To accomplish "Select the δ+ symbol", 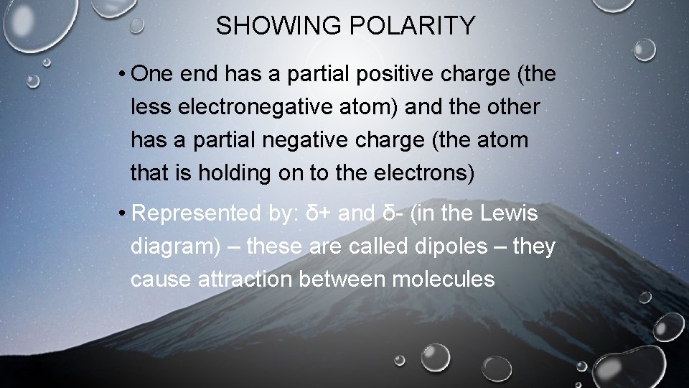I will (x=320, y=213).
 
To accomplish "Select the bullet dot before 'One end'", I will (x=124, y=74).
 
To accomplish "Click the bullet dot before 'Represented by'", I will (x=124, y=213).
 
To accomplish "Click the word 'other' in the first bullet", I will (x=512, y=107).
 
